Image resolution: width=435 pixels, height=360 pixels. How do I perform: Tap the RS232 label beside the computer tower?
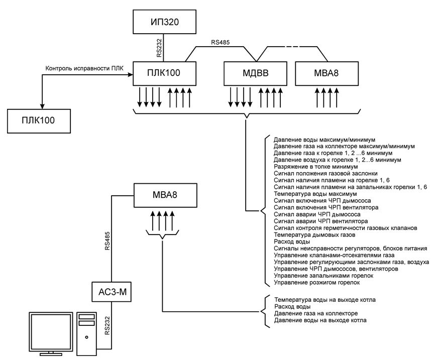[107, 325]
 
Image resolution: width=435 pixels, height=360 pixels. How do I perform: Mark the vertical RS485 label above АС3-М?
[107, 241]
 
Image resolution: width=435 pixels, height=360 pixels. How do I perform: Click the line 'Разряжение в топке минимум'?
[315, 166]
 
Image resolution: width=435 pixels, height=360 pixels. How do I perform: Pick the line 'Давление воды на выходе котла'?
[320, 320]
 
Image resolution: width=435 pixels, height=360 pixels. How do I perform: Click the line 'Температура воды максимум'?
[315, 193]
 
